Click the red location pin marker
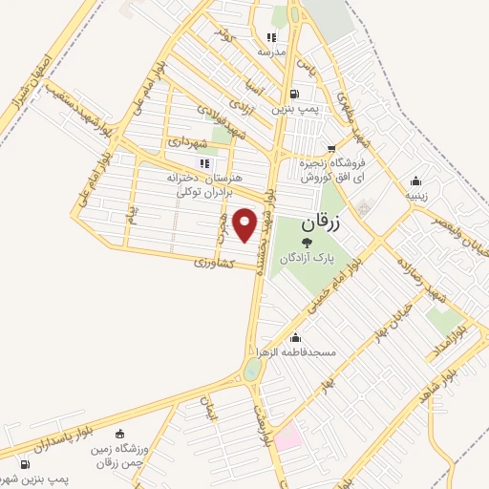(x=245, y=225)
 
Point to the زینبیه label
(x=415, y=194)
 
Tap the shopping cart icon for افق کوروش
(x=330, y=149)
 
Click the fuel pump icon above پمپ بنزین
(x=293, y=95)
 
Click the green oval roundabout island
(x=251, y=370)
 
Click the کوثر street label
(x=225, y=35)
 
